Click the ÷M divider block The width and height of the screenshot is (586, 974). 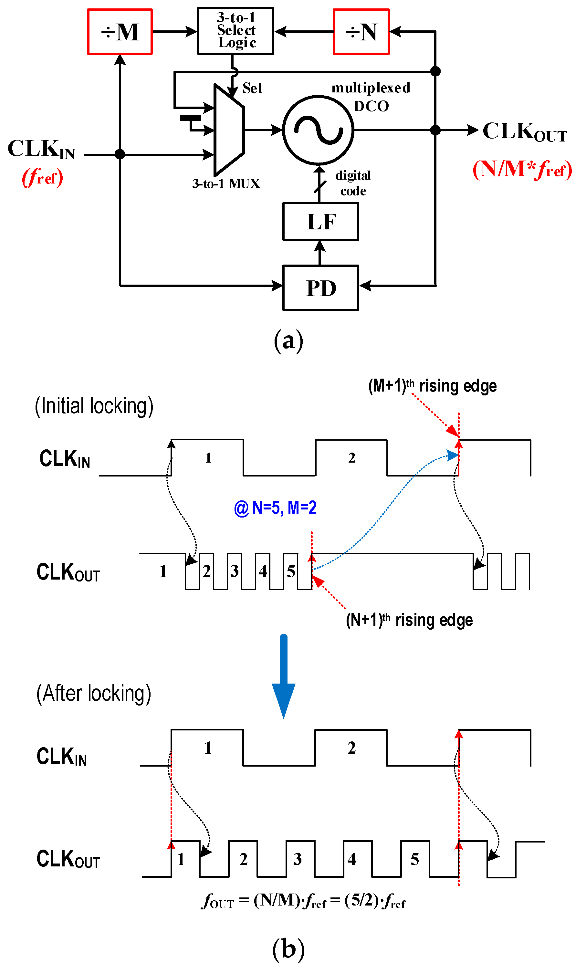tap(120, 32)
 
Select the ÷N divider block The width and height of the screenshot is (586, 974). tap(361, 32)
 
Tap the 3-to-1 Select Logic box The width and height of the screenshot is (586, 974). tap(235, 30)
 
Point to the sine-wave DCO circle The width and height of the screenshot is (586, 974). tap(318, 130)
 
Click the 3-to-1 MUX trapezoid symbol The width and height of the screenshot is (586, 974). tap(229, 130)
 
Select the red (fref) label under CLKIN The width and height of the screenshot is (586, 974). tap(42, 177)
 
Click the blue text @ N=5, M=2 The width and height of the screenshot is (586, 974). tap(275, 508)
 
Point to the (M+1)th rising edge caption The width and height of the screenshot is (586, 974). tap(432, 386)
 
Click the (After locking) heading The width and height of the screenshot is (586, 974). tap(94, 694)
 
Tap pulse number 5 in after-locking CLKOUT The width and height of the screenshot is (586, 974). tap(414, 860)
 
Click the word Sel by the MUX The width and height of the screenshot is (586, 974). tap(252, 88)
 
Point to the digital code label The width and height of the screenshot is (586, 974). tap(353, 183)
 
